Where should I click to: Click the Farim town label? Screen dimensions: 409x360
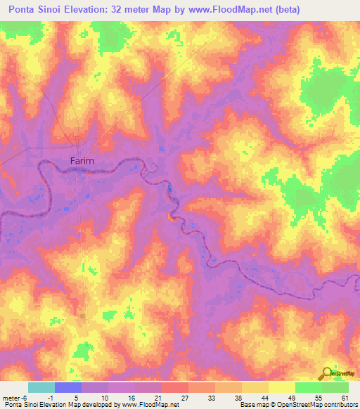(x=82, y=161)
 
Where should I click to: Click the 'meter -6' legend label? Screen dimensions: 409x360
(x=15, y=397)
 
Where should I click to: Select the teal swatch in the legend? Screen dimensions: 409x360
(x=41, y=387)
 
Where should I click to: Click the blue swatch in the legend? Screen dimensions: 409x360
(x=67, y=387)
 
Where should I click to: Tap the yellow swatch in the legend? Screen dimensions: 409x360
(x=281, y=387)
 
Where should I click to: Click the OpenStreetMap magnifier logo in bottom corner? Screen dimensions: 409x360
(x=328, y=373)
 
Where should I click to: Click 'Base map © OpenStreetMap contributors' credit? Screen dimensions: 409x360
(x=298, y=405)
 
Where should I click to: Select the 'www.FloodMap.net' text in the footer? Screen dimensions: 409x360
(x=150, y=405)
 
